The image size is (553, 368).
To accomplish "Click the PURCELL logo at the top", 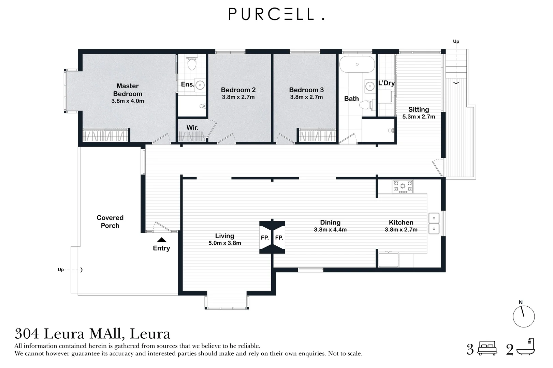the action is pyautogui.click(x=276, y=14).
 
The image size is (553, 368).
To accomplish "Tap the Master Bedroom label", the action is pyautogui.click(x=128, y=90).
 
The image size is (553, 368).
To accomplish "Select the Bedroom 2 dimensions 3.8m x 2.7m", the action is pyautogui.click(x=238, y=97).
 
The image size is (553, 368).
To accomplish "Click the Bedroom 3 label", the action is pyautogui.click(x=306, y=90).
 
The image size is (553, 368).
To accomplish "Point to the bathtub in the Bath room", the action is pyautogui.click(x=357, y=64).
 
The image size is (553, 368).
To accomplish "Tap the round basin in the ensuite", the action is pyautogui.click(x=200, y=85).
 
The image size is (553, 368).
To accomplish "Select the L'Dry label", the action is pyautogui.click(x=387, y=83).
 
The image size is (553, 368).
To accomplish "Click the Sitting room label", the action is pyautogui.click(x=419, y=109).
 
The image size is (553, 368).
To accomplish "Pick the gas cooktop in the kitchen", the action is pyautogui.click(x=403, y=186).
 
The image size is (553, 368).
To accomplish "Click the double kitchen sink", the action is pyautogui.click(x=434, y=224).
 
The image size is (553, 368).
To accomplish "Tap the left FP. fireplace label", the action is pyautogui.click(x=265, y=238).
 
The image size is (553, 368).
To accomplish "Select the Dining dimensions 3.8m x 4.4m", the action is pyautogui.click(x=330, y=230).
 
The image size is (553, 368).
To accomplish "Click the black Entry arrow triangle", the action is pyautogui.click(x=162, y=240).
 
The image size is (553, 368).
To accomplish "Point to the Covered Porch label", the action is pyautogui.click(x=110, y=221).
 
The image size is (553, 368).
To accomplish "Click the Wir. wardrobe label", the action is pyautogui.click(x=192, y=127).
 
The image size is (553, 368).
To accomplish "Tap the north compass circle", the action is pyautogui.click(x=524, y=317).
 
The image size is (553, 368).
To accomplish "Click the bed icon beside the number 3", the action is pyautogui.click(x=487, y=348).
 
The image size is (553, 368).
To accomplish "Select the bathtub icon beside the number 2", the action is pyautogui.click(x=526, y=347).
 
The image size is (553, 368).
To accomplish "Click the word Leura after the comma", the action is pyautogui.click(x=150, y=334).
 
